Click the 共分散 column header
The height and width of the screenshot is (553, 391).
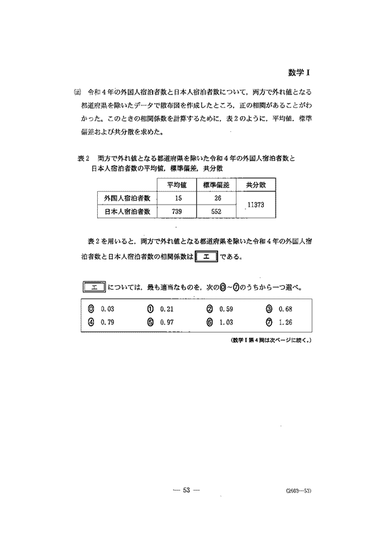pyautogui.click(x=257, y=185)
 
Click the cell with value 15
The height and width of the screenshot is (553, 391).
pyautogui.click(x=178, y=198)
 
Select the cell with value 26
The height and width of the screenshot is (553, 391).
pyautogui.click(x=216, y=198)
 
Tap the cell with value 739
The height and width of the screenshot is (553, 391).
pyautogui.click(x=178, y=211)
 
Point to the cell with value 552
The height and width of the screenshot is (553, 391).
pyautogui.click(x=216, y=211)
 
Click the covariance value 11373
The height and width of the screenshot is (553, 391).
pyautogui.click(x=257, y=205)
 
